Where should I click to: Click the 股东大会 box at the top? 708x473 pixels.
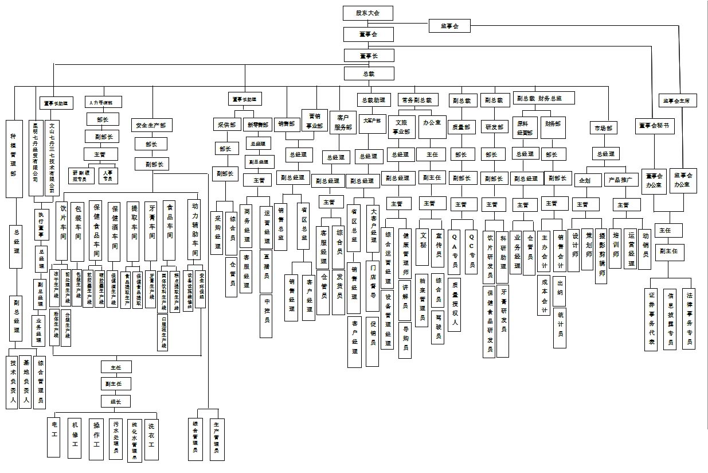[367, 13]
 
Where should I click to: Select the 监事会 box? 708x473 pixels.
[449, 26]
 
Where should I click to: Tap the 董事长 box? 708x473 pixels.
[369, 56]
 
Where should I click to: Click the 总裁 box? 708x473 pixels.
[369, 73]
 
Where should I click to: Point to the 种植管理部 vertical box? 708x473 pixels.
[13, 155]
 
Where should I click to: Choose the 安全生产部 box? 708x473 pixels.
[151, 125]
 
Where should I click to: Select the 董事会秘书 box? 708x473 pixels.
[654, 126]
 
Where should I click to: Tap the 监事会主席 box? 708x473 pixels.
[676, 101]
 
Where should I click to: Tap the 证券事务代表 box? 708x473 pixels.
[651, 319]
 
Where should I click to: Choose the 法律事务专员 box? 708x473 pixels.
[689, 318]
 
